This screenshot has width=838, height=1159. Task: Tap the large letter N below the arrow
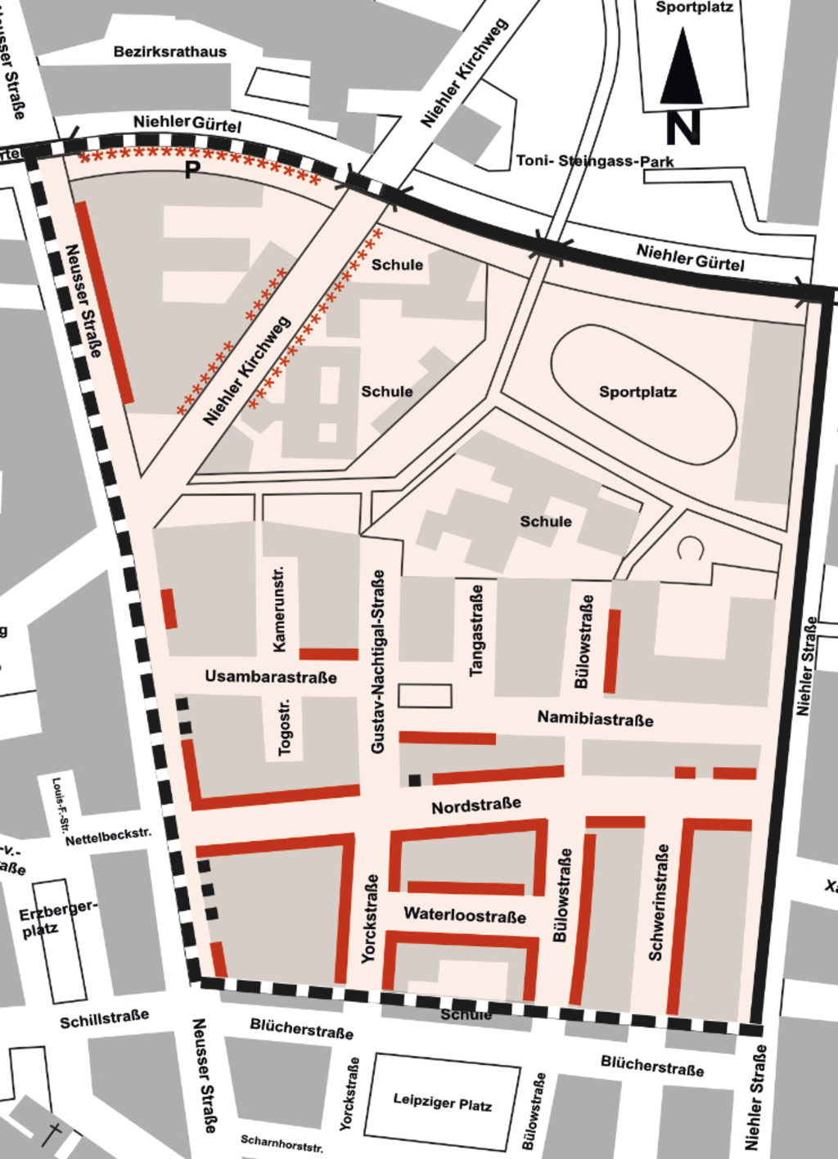pos(683,128)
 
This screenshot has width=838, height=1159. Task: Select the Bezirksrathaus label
pos(170,52)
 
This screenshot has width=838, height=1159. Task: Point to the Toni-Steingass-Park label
pos(595,161)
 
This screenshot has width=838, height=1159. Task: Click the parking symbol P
pos(192,170)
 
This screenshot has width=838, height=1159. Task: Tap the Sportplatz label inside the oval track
pos(638,392)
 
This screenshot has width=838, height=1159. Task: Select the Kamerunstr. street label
pos(279,608)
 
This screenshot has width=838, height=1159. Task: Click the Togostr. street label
pos(284,727)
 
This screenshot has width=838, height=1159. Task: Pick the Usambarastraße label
pos(270,676)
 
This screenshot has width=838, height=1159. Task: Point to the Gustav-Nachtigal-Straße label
pos(377,662)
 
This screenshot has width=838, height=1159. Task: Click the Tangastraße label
pos(476,630)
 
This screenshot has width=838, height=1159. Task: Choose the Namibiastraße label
pos(595,719)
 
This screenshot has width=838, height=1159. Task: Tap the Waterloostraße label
pos(465,914)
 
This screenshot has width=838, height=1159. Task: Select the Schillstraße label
pos(105,1018)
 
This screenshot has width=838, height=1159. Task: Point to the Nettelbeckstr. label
pos(108,837)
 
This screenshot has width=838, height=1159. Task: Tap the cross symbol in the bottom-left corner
pos(52,1135)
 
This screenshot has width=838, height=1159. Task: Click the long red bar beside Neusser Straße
pos(104,302)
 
